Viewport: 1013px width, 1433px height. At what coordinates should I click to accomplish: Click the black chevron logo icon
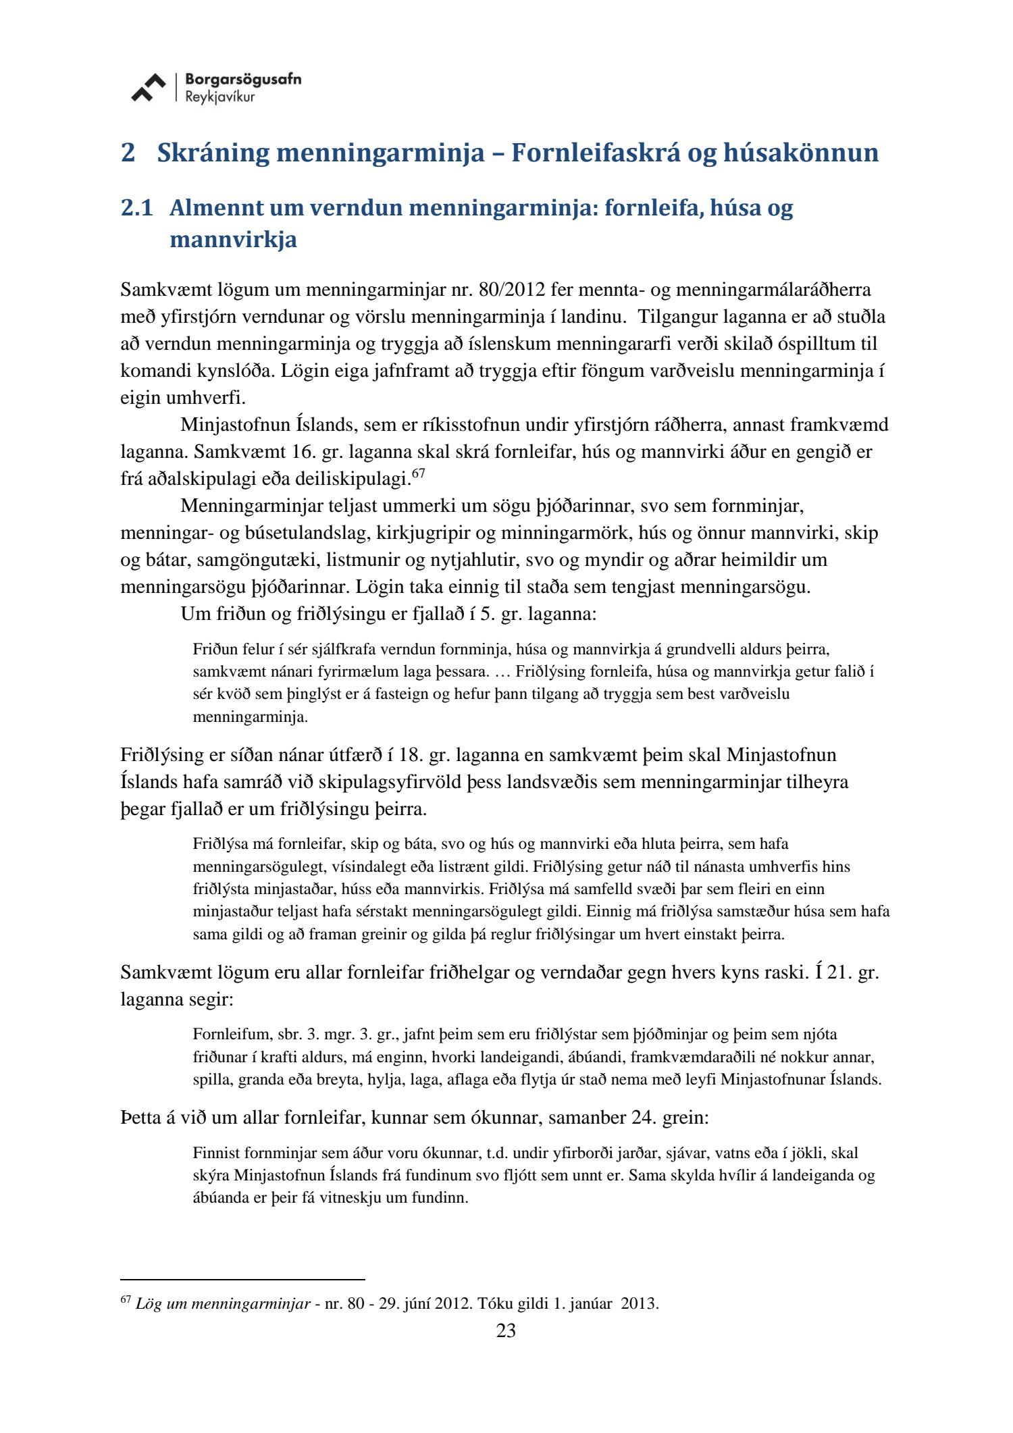tap(149, 88)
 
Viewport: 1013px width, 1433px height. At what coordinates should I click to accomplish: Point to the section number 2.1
tap(137, 208)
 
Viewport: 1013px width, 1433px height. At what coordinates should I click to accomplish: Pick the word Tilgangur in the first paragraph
tap(677, 317)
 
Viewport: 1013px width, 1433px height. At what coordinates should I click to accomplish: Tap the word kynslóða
tap(230, 371)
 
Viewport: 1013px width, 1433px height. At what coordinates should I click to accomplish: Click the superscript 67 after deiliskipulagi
tap(418, 474)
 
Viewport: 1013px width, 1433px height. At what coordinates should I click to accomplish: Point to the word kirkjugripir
tap(424, 533)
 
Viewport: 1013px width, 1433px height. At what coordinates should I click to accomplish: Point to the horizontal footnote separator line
tap(242, 1279)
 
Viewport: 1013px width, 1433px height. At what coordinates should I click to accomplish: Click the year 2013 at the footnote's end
tap(638, 1303)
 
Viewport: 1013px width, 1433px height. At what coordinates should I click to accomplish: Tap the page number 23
tap(506, 1331)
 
